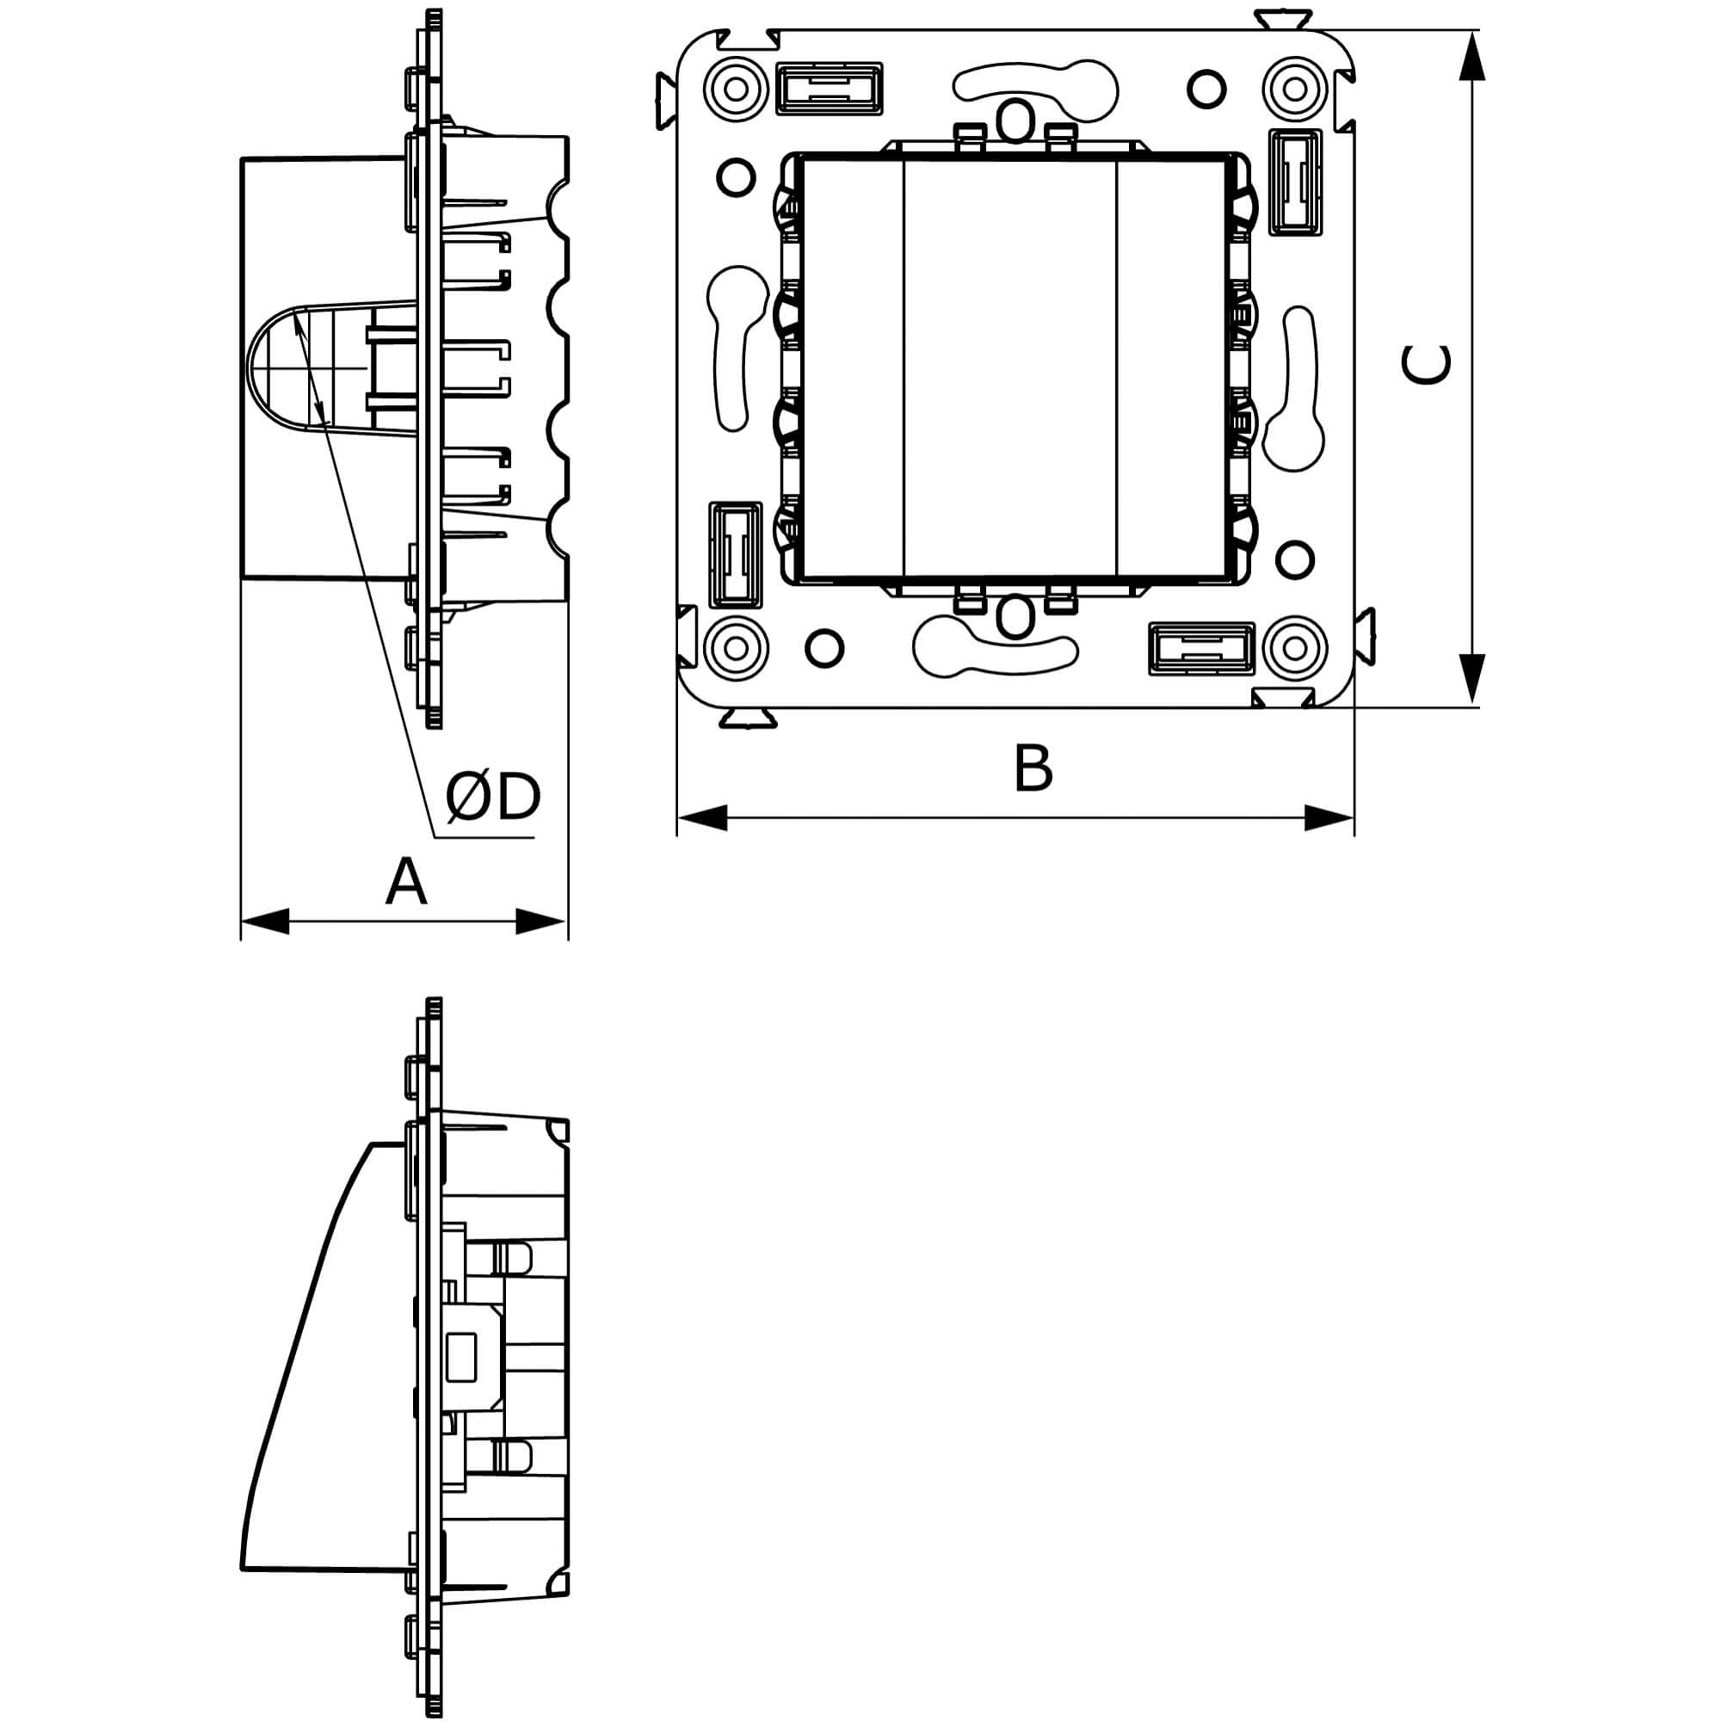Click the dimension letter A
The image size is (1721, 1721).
click(x=406, y=882)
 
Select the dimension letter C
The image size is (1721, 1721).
click(x=1425, y=365)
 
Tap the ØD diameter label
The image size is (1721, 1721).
click(x=493, y=798)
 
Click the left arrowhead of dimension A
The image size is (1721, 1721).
click(x=265, y=921)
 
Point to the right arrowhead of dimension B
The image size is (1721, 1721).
click(x=1329, y=817)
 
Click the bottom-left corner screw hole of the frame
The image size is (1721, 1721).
click(x=736, y=648)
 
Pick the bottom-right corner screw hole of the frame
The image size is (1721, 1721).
click(x=1294, y=648)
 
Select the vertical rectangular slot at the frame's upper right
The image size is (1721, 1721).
click(x=1294, y=182)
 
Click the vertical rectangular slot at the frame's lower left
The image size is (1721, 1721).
click(x=735, y=556)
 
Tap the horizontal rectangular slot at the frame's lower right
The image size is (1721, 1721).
click(x=1201, y=649)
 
